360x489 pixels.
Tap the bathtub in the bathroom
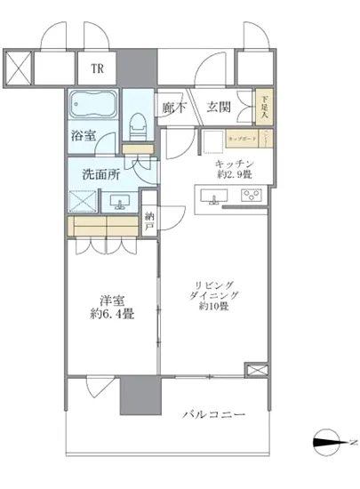tap(93, 109)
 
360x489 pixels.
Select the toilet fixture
tap(136, 126)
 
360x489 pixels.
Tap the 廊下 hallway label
tap(173, 108)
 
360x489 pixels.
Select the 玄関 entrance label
tap(219, 108)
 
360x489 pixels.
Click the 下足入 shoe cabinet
tap(264, 108)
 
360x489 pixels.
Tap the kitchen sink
tap(214, 200)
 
